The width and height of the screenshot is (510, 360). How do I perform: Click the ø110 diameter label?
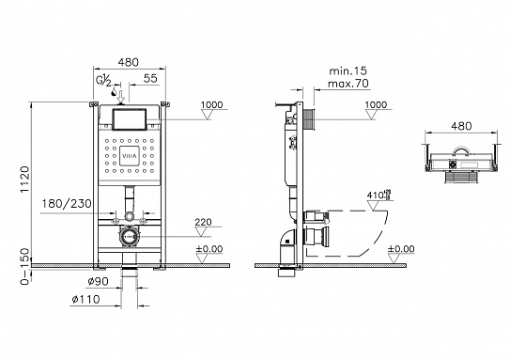(89, 299)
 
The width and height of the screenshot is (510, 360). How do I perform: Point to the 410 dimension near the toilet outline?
(376, 196)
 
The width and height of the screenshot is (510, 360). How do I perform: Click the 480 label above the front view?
(130, 55)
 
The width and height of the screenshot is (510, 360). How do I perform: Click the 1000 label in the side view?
(376, 105)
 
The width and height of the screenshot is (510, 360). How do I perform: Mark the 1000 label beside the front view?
(213, 105)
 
